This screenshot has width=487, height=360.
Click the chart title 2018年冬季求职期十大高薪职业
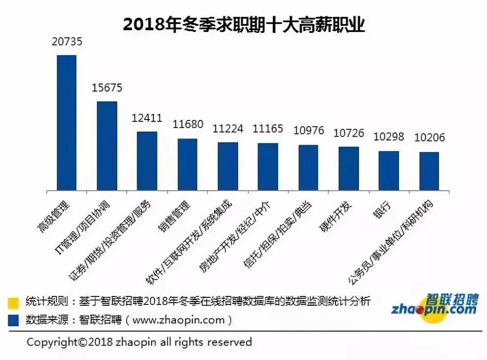tap(243, 25)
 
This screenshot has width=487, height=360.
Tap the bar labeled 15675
tap(107, 146)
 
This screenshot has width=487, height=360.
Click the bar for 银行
tap(389, 171)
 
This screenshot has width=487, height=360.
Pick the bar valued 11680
tap(187, 164)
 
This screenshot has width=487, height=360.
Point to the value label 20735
tap(67, 42)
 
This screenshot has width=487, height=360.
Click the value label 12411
tap(147, 118)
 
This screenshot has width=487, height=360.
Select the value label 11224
tap(228, 129)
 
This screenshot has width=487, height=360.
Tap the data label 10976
tap(308, 131)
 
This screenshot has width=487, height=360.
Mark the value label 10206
tap(429, 138)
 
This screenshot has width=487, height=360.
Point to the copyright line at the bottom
tap(139, 342)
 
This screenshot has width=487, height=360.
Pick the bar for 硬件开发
tap(349, 168)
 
